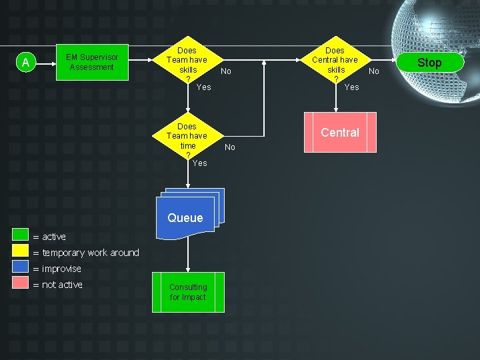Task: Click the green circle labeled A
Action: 26,62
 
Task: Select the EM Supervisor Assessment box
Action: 92,63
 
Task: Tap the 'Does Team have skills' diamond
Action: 188,60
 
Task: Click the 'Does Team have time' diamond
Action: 188,136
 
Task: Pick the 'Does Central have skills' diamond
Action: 336,60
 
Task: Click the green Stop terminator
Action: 430,63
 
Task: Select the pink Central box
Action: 340,132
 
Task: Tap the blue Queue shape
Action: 190,214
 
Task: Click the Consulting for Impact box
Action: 188,293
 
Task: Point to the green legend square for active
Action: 20,235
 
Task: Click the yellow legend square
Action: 20,251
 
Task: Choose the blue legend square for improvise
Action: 20,266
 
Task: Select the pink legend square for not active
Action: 20,282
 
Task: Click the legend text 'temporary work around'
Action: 91,253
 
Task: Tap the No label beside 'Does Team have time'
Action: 230,147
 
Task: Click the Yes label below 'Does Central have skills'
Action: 352,87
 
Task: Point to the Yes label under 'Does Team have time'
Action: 200,163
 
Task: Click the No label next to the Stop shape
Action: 374,71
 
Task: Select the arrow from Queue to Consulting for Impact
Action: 188,254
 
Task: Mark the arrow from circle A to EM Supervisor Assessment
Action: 46,64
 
